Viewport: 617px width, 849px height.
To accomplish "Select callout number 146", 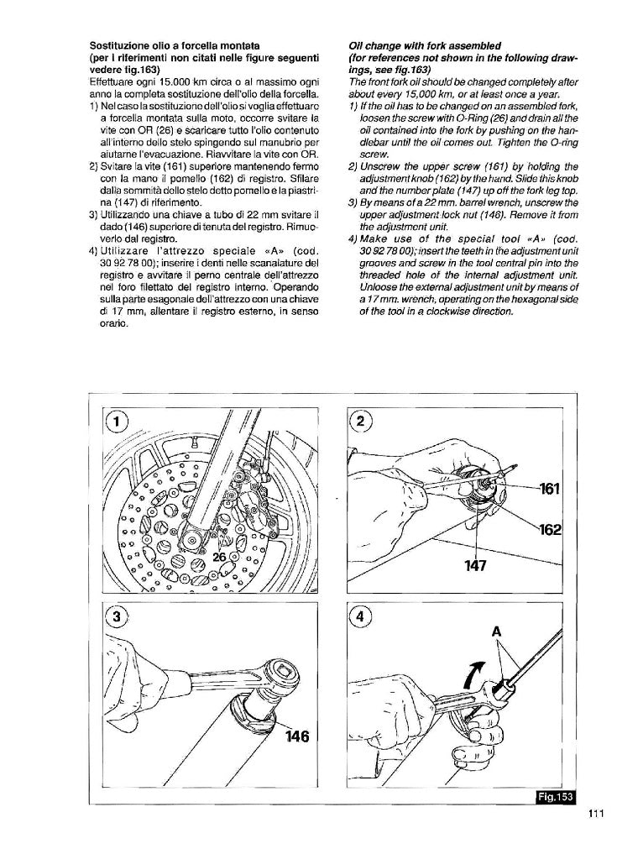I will tap(296, 736).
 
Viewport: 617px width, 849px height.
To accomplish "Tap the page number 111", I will tap(596, 813).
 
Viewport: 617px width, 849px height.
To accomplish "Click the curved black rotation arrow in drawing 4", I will tap(474, 672).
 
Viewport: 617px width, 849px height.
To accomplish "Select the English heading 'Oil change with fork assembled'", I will tap(424, 44).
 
